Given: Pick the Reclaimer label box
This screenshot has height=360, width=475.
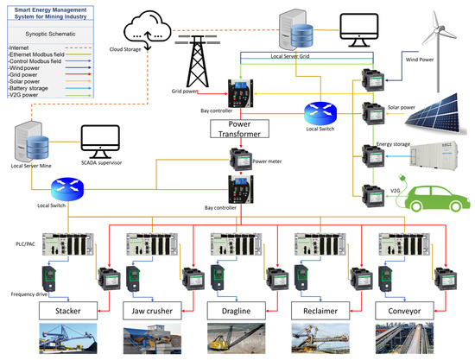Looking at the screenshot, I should click(x=319, y=309).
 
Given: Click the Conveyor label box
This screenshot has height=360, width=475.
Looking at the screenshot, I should click(x=403, y=309).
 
